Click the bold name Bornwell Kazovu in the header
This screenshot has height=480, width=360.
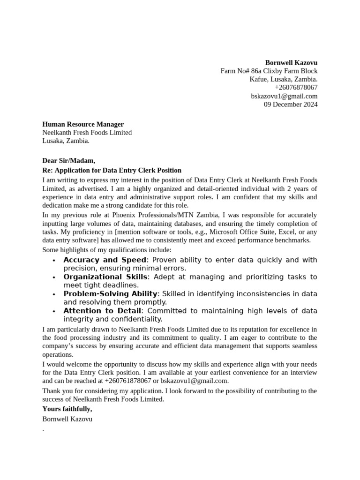[x=291, y=62]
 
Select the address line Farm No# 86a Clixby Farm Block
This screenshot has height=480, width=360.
[x=269, y=71]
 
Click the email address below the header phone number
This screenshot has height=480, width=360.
[x=284, y=96]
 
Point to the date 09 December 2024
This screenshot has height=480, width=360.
[x=291, y=105]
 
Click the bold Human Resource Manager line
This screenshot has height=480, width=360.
[x=83, y=124]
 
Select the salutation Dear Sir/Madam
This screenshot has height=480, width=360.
[x=68, y=161]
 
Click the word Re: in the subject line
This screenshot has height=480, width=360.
[x=48, y=170]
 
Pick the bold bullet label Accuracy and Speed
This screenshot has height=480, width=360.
[x=105, y=260]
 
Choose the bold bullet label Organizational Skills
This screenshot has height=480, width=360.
[x=105, y=277]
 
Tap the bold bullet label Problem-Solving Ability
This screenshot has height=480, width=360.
[x=111, y=294]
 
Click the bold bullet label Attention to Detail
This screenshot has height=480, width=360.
[x=102, y=311]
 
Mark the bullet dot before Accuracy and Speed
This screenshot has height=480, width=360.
[x=54, y=261]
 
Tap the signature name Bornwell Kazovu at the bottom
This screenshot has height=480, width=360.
[x=67, y=419]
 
